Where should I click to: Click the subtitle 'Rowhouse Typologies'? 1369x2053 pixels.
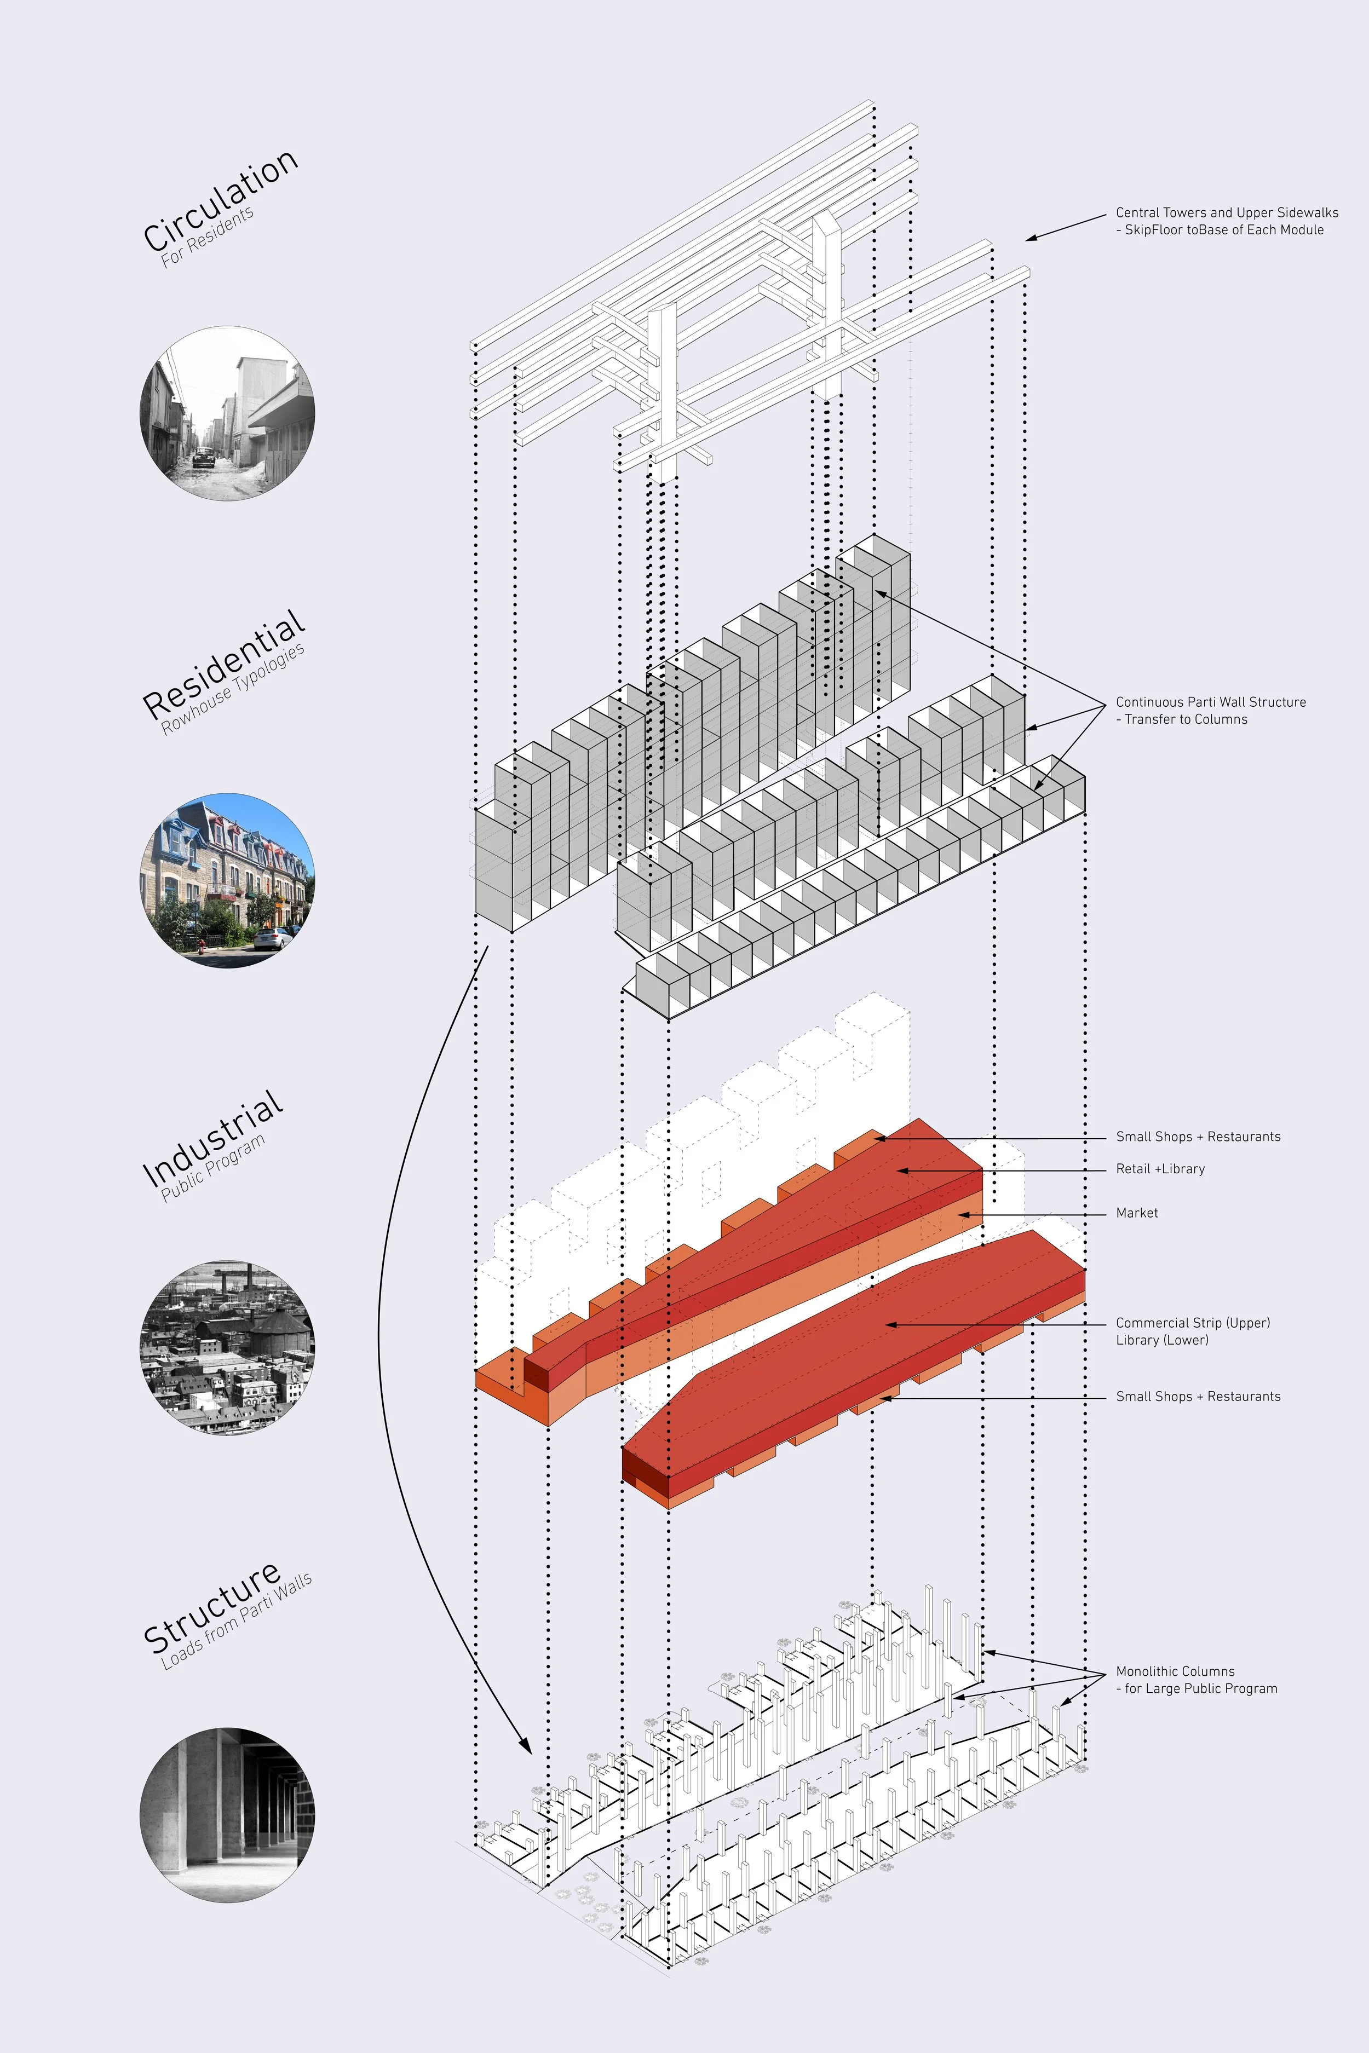pyautogui.click(x=233, y=690)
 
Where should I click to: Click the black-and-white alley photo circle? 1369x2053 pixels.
pyautogui.click(x=227, y=413)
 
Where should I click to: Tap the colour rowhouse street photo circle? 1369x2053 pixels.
pyautogui.click(x=227, y=880)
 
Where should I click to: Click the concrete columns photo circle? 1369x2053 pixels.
pyautogui.click(x=227, y=1815)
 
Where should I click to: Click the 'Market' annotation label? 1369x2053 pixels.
pyautogui.click(x=1137, y=1213)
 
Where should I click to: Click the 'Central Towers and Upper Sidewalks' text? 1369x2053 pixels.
pyautogui.click(x=1227, y=212)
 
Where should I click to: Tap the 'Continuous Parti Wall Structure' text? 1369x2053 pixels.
pyautogui.click(x=1210, y=702)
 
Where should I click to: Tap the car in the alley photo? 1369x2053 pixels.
pyautogui.click(x=203, y=457)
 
